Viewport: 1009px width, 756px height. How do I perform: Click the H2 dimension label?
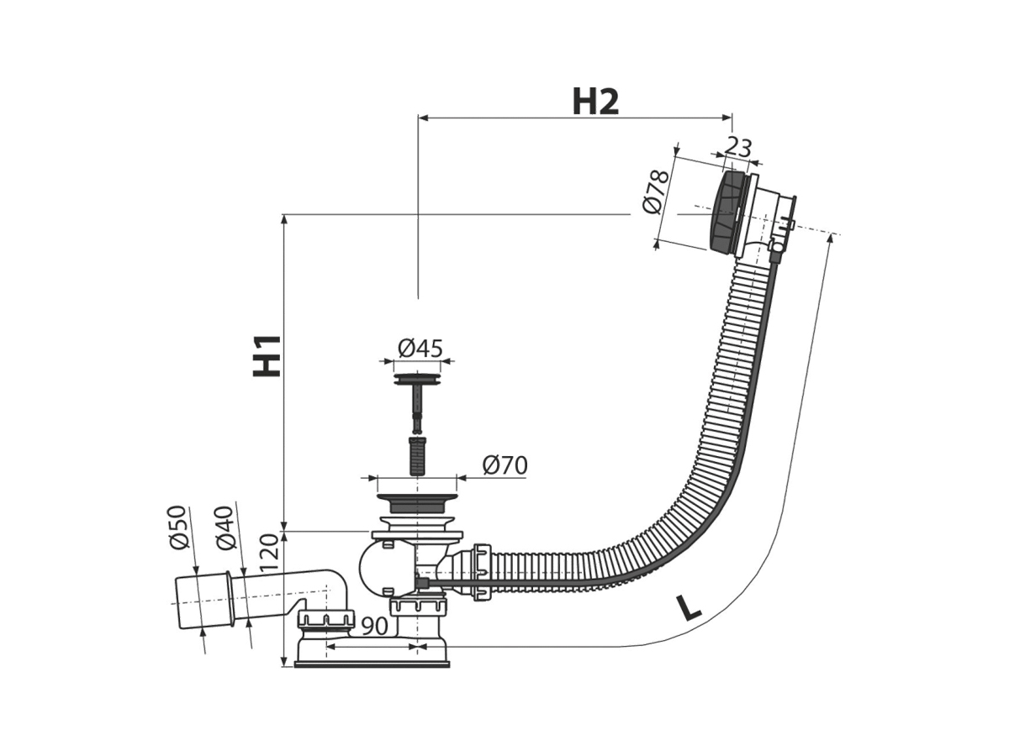(x=595, y=102)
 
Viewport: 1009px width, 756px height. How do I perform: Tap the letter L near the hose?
(x=688, y=606)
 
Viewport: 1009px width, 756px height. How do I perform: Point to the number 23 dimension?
(x=737, y=147)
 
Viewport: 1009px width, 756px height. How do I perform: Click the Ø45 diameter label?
(x=420, y=349)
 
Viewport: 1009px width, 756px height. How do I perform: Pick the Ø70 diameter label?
(x=504, y=465)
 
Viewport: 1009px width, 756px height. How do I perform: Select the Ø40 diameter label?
(x=225, y=528)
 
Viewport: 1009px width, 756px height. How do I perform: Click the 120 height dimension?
(x=270, y=553)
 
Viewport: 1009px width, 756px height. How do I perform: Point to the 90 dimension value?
(x=375, y=626)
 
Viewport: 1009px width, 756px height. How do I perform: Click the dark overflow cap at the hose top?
(x=726, y=212)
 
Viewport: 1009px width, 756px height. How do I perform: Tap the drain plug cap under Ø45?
(x=417, y=379)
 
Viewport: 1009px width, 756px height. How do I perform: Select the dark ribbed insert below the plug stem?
(x=417, y=456)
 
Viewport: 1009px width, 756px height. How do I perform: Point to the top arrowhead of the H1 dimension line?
(x=285, y=219)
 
